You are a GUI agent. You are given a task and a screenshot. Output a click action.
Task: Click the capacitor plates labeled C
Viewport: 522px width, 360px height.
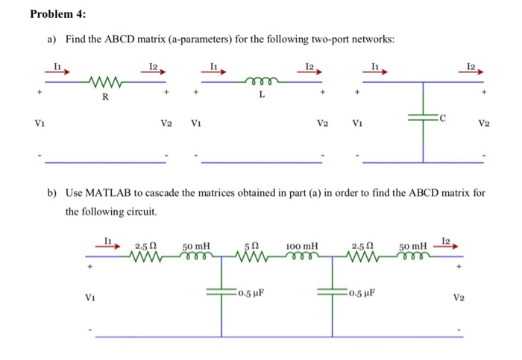click(423, 118)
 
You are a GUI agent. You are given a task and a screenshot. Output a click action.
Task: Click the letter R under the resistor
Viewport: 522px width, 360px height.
click(104, 95)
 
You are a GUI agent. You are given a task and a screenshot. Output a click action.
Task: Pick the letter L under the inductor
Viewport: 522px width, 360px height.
click(262, 95)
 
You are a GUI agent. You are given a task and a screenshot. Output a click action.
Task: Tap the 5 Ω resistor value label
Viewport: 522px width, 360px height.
click(254, 244)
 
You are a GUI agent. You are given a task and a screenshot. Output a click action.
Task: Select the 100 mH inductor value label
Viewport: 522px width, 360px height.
click(301, 244)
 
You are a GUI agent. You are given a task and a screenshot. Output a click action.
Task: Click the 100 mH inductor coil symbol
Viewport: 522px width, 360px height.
click(302, 256)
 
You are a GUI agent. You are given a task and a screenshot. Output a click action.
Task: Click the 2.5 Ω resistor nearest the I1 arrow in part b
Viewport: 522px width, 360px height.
click(146, 256)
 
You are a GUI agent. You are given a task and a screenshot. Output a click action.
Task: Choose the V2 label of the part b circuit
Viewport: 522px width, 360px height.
click(460, 297)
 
